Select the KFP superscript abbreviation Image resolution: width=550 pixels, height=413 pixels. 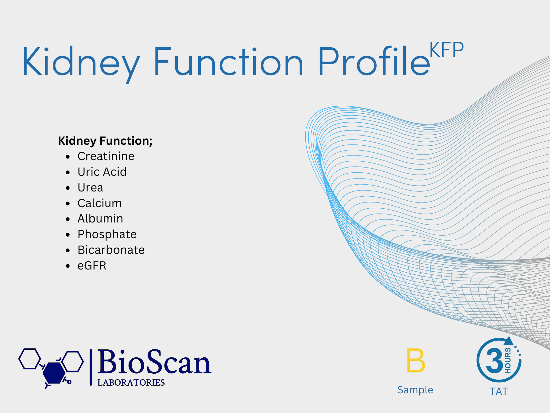447,50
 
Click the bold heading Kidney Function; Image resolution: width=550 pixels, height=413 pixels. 105,141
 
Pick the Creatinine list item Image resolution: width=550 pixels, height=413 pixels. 106,156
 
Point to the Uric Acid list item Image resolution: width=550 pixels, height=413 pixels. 102,172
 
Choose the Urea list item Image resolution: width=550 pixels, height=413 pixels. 90,187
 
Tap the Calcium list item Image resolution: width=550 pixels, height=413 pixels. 100,203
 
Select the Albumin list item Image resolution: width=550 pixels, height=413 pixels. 100,218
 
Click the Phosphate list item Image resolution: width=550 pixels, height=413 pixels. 107,234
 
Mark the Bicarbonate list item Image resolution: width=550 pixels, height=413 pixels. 111,250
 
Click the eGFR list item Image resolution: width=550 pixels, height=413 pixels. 92,265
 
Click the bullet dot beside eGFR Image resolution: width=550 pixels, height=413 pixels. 68,266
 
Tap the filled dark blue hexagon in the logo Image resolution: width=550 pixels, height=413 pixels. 54,373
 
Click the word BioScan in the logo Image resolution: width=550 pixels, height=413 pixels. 154,362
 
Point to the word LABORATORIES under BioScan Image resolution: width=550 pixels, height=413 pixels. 131,383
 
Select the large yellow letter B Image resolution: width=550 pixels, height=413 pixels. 416,360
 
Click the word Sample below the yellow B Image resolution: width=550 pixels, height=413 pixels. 415,390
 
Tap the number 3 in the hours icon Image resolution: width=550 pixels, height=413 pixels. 495,361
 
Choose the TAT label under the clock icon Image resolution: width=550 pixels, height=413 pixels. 499,391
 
